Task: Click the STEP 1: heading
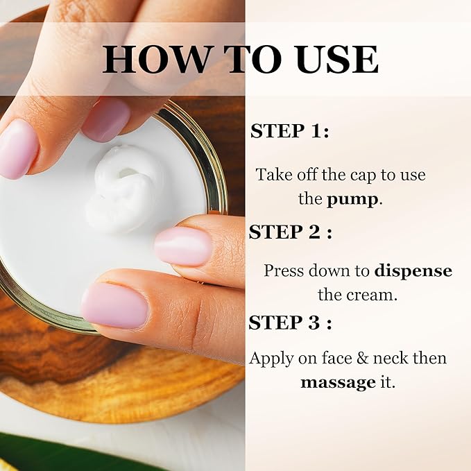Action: (289, 131)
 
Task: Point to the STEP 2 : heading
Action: (290, 231)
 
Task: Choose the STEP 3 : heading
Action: (290, 323)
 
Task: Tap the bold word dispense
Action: (413, 270)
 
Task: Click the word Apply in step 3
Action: (271, 359)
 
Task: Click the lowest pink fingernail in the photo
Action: (114, 305)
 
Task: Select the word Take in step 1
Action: (273, 175)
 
